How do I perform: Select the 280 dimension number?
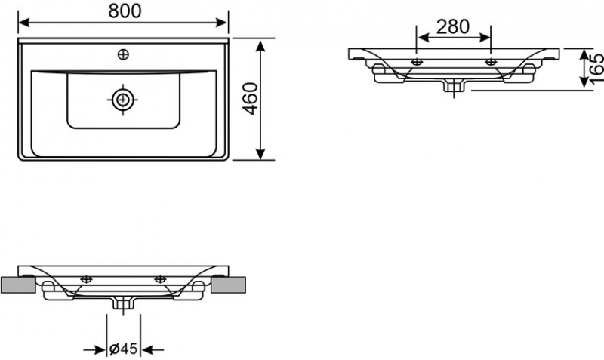coord(453,26)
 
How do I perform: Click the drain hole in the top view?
coord(123,98)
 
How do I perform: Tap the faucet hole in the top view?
coord(123,54)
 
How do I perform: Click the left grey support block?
coord(17,285)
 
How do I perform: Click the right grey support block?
coord(230,285)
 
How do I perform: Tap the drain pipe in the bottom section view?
coord(123,303)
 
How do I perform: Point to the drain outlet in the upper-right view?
coord(453,86)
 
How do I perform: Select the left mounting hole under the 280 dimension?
coord(416,60)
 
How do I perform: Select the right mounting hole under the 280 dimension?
coord(491,60)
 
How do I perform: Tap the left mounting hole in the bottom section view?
coord(86,279)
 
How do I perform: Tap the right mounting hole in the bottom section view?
coord(160,279)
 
